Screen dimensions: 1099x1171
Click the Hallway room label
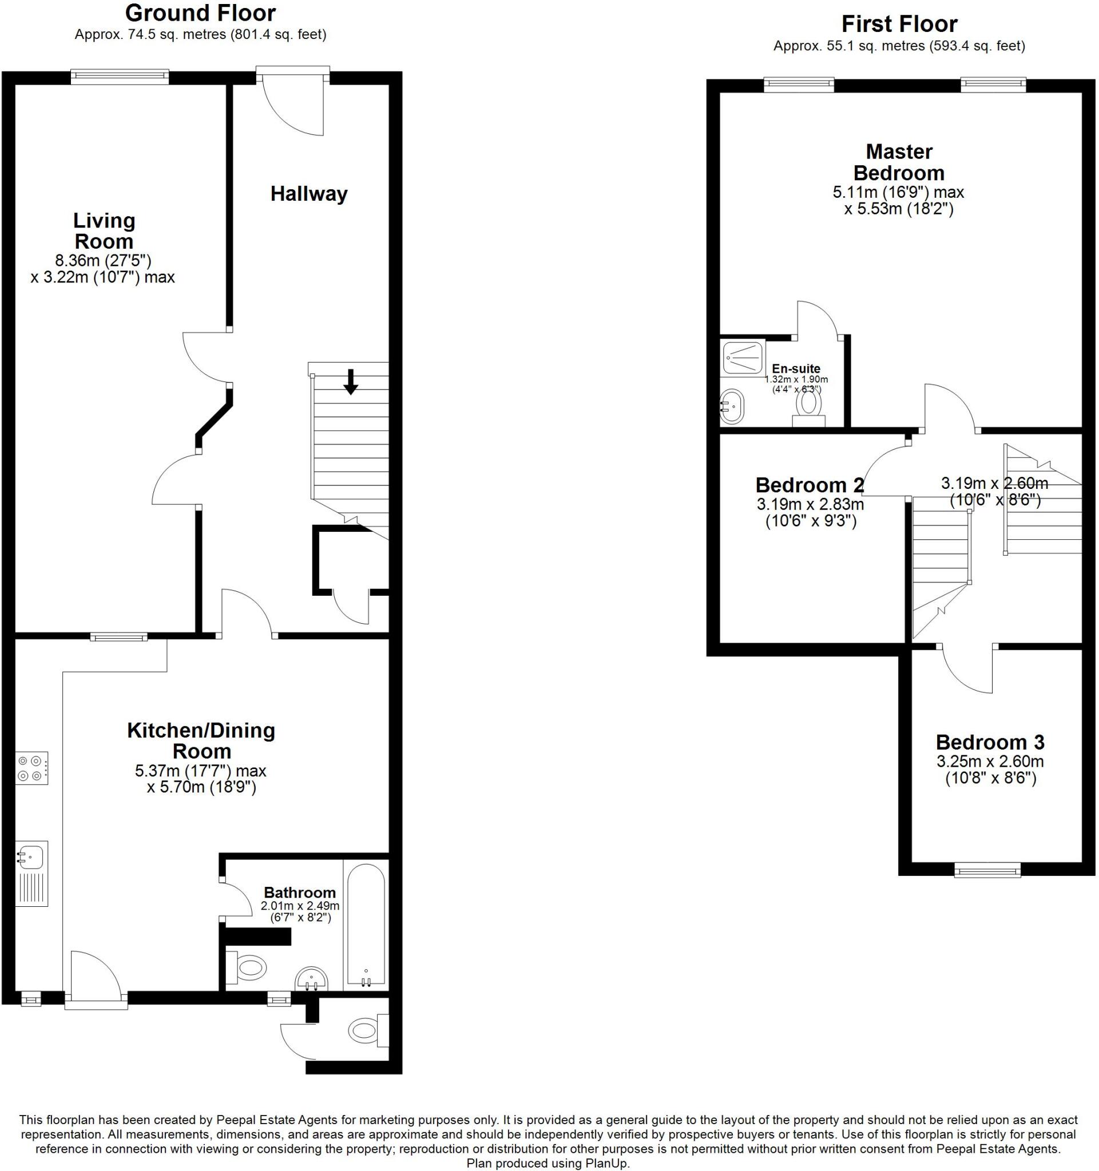pos(309,194)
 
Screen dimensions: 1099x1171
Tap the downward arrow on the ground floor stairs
pos(351,381)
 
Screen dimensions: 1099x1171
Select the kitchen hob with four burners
pos(32,768)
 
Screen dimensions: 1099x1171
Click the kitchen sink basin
pos(31,857)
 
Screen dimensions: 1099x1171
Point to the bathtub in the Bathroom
pos(366,925)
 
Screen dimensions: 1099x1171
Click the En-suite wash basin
pos(732,405)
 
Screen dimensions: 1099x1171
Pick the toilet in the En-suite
pos(808,408)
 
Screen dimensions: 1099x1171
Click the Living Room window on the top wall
pos(120,77)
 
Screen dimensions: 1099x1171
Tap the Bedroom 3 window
pos(986,870)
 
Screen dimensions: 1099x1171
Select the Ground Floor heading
pos(200,13)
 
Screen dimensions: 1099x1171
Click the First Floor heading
pos(899,24)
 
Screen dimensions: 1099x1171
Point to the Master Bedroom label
pos(899,162)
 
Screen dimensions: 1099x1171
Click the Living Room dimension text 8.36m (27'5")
pos(103,260)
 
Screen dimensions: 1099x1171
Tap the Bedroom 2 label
pos(810,485)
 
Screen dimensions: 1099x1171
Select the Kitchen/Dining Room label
pos(201,740)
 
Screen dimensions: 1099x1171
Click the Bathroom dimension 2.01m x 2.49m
pos(300,905)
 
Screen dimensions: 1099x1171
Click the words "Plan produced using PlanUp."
pos(548,1163)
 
